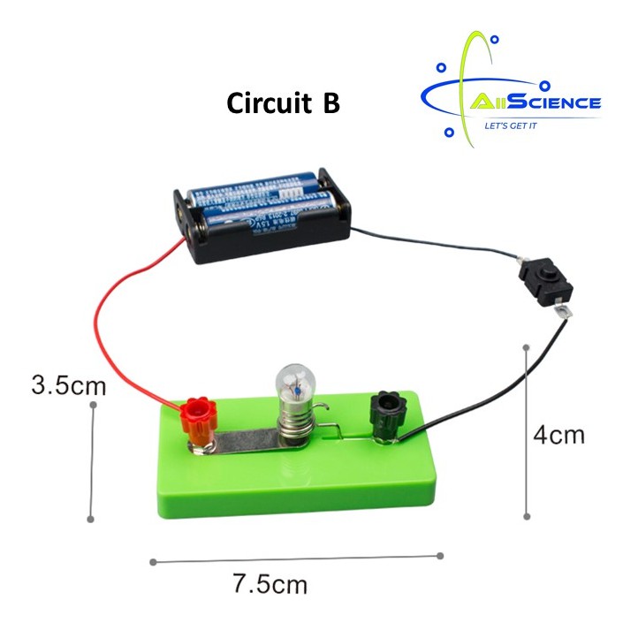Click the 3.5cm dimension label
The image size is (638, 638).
click(x=68, y=385)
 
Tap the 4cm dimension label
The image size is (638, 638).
click(x=558, y=435)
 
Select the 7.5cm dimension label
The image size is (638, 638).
click(x=270, y=584)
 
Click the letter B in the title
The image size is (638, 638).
click(x=330, y=104)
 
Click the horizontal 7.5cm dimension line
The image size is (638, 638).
click(x=297, y=558)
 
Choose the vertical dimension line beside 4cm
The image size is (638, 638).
click(x=528, y=433)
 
